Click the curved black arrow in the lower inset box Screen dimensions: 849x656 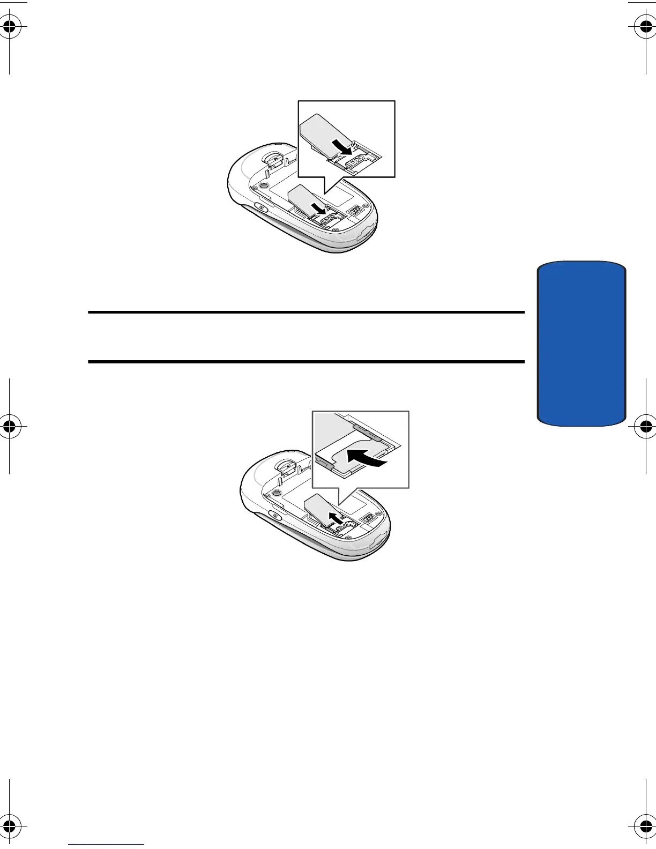[366, 458]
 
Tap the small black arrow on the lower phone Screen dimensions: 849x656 [335, 518]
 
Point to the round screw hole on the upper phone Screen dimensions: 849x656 [263, 184]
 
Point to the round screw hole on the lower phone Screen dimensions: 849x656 [276, 493]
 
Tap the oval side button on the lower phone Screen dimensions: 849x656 [274, 516]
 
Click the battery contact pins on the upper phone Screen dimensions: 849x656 [354, 211]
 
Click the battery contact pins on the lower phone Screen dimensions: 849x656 [368, 519]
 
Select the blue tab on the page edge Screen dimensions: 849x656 [581, 343]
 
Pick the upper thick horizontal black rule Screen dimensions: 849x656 [305, 312]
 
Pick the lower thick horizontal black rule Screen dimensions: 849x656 [305, 362]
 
